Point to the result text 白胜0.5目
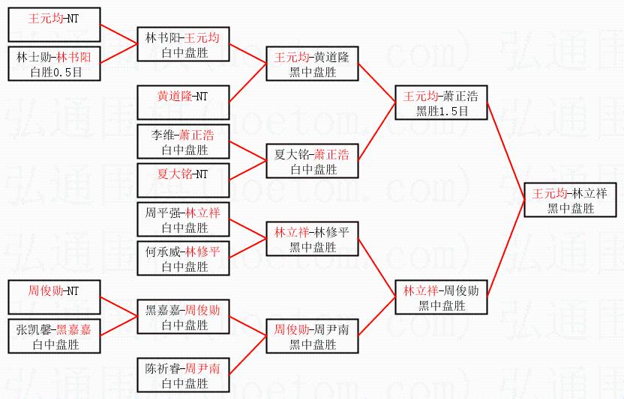pos(55,72)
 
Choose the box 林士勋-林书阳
pos(55,64)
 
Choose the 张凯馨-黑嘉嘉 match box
pos(55,337)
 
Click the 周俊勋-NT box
pos(55,298)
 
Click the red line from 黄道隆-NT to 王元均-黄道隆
pos(248,84)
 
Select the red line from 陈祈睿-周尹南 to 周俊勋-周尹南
pos(248,356)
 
